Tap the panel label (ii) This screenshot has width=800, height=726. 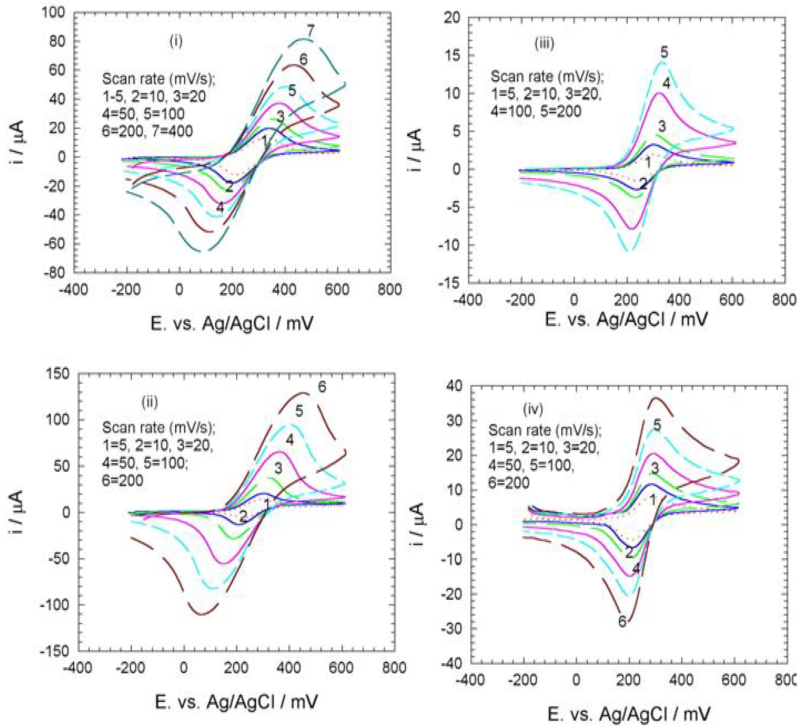click(x=150, y=402)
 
